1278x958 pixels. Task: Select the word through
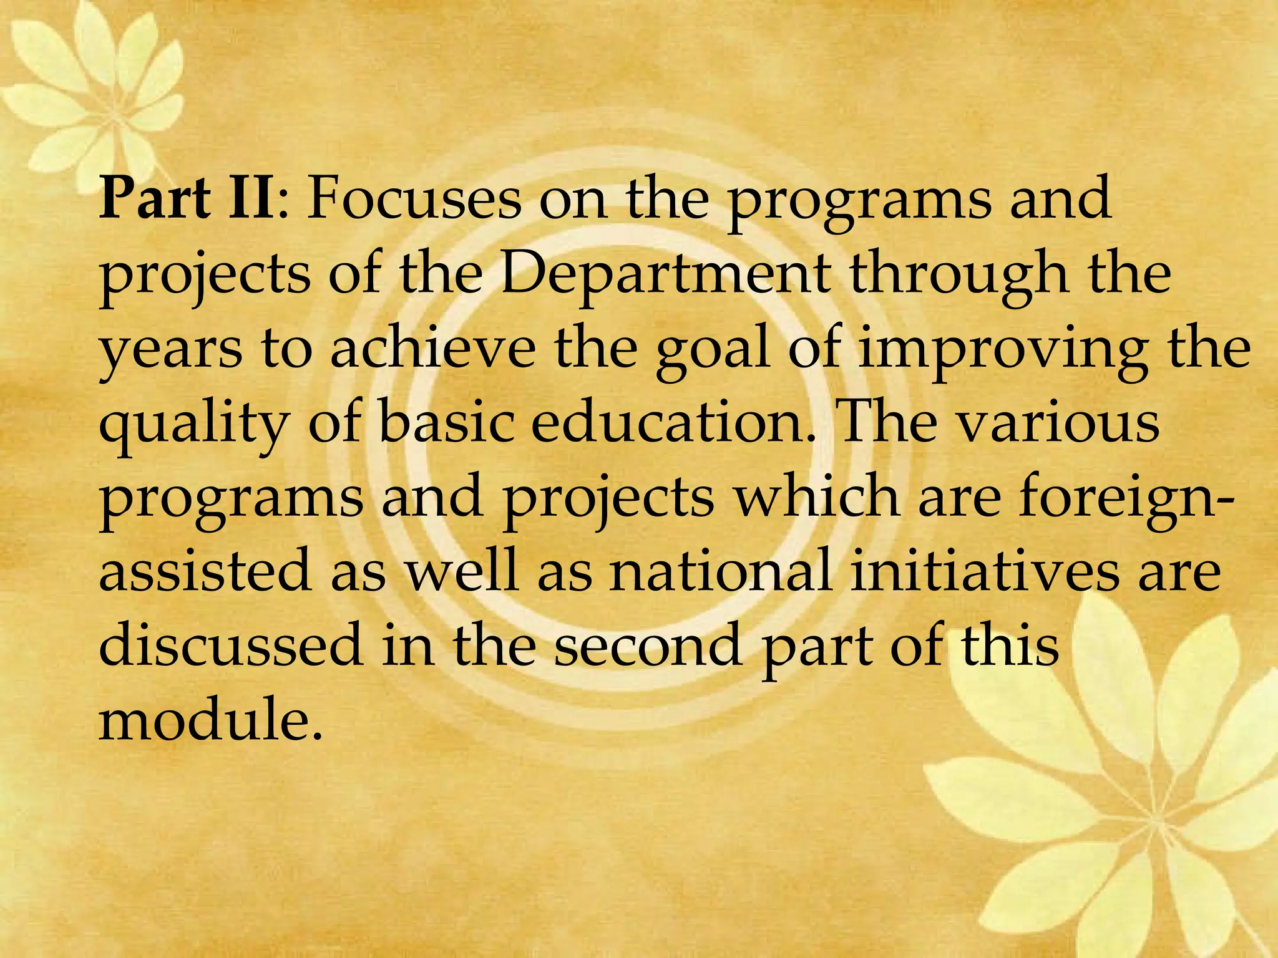pos(958,274)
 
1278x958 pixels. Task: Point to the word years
pos(170,349)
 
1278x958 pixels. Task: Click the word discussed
pos(231,646)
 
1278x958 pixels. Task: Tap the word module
pos(211,720)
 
